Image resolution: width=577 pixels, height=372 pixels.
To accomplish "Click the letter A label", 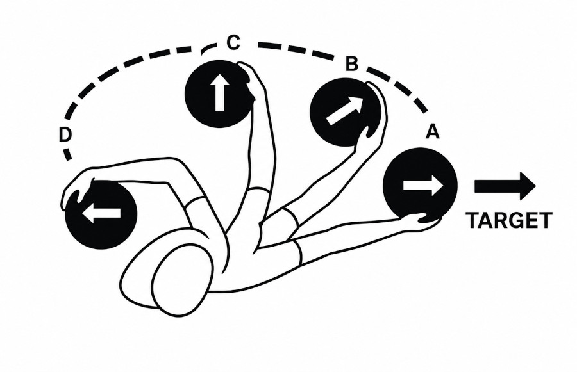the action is point(432,132).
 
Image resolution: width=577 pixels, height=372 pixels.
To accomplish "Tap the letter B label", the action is point(352,63).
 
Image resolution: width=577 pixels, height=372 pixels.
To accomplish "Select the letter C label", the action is point(233,42).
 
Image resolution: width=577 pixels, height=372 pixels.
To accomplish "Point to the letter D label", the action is point(65,135).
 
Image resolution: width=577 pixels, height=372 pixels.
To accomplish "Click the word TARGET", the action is point(509,220).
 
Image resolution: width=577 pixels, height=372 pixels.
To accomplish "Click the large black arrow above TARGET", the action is point(505,186).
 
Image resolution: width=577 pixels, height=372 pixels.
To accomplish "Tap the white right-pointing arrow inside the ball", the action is point(423,185).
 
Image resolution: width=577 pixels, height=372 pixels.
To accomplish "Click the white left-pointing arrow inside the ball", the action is point(101,213).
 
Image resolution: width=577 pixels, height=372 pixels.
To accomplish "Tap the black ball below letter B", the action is point(345,112).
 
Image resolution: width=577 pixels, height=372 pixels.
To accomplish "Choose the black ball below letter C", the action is point(220,94).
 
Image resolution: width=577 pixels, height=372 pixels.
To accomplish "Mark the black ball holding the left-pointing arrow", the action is point(101,214).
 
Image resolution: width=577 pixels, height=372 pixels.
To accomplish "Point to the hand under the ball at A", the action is point(422,220).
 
